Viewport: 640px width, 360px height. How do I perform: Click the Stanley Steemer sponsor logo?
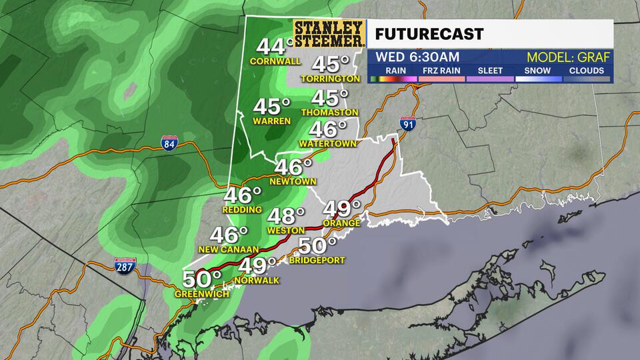(x=329, y=33)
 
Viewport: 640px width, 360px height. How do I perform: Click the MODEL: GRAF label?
(x=564, y=57)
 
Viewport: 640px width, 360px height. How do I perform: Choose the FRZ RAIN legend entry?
(x=441, y=71)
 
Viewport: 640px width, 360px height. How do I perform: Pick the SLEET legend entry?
(x=489, y=71)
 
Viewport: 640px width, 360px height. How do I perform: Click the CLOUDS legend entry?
(x=587, y=71)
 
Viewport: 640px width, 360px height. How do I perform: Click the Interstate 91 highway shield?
(x=408, y=124)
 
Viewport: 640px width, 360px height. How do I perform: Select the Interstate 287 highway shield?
(x=125, y=265)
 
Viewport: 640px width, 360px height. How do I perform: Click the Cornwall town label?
(x=271, y=61)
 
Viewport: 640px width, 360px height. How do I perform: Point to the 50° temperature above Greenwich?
(x=202, y=279)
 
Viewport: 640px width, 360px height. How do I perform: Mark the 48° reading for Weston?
(x=285, y=216)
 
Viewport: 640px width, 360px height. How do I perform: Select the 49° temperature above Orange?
(x=342, y=208)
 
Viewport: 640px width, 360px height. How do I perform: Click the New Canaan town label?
(x=228, y=249)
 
